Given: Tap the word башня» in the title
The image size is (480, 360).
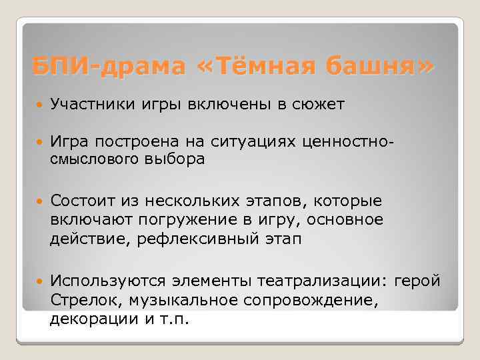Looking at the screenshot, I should tap(377, 67).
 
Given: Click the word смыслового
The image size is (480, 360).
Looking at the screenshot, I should tap(95, 159).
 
